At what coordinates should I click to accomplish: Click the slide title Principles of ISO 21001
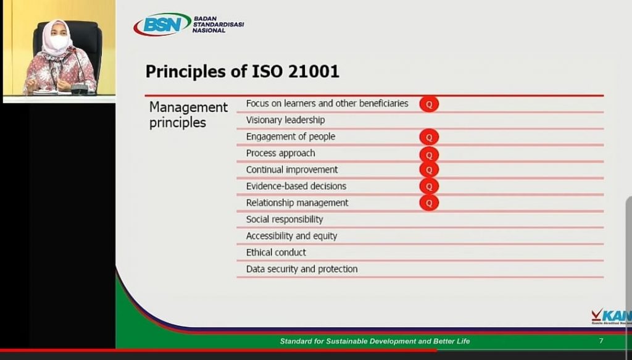pos(242,72)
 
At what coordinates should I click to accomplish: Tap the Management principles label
pos(188,115)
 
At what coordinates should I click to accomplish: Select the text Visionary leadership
pos(285,120)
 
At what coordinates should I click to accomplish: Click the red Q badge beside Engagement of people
pos(429,137)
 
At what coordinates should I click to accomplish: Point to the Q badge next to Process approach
pos(429,154)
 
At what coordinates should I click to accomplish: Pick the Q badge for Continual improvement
pos(429,170)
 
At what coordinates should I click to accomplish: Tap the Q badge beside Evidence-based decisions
pos(429,186)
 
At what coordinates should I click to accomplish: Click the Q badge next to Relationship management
pos(429,203)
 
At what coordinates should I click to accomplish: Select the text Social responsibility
pos(285,219)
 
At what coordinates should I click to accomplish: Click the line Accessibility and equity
pos(291,236)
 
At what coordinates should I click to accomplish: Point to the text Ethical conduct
pos(276,253)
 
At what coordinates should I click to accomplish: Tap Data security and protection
pos(302,269)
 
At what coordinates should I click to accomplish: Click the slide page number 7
pos(601,341)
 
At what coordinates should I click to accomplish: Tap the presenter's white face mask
pos(58,42)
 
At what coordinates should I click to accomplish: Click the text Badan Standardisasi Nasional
pos(218,25)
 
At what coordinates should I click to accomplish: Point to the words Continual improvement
pos(292,170)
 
